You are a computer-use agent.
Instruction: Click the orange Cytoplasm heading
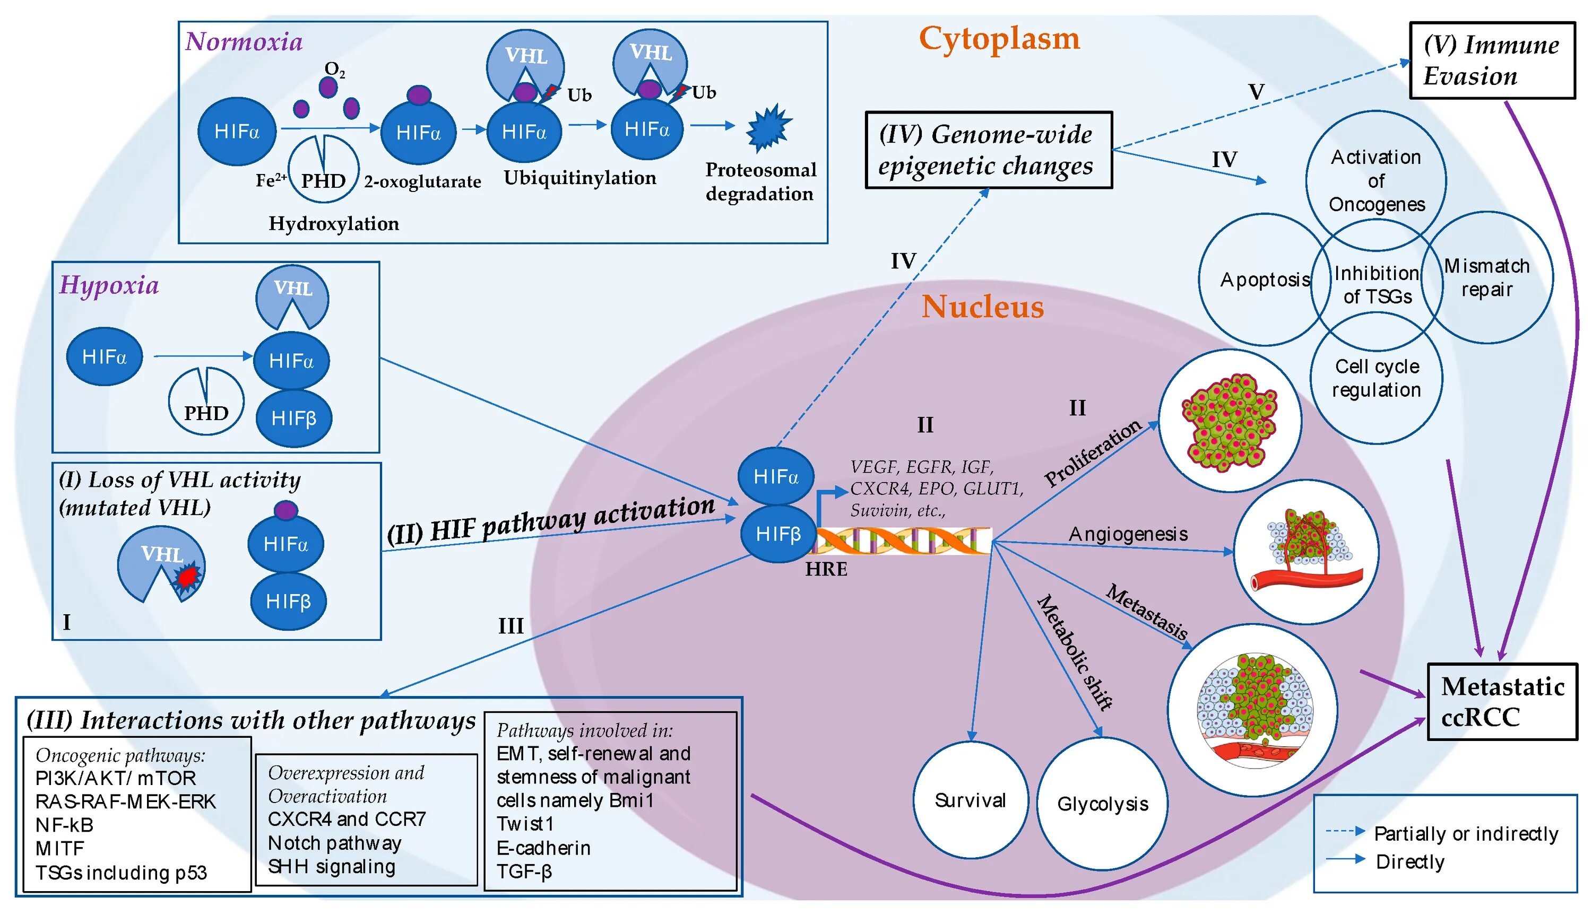(999, 39)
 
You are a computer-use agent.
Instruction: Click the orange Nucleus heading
(982, 307)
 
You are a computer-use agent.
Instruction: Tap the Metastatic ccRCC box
(1502, 701)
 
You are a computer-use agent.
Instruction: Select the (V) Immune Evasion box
(1492, 60)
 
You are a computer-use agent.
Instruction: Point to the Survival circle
(970, 800)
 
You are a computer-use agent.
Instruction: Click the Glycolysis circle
(1102, 804)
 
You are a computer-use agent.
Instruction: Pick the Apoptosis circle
(1265, 280)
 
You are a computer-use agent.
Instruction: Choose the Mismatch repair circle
(1486, 278)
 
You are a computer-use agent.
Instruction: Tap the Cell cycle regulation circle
(1377, 378)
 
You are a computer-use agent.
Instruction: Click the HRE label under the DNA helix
(826, 569)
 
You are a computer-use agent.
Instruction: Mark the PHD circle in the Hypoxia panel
(206, 402)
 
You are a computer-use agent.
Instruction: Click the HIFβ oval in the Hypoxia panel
(293, 419)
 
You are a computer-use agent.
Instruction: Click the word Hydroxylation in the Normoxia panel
(334, 224)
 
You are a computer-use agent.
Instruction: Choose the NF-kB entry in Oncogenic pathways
(64, 824)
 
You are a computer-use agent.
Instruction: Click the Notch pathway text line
(334, 843)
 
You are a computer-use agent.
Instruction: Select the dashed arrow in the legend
(1345, 831)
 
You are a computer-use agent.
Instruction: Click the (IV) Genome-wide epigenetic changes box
(989, 150)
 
